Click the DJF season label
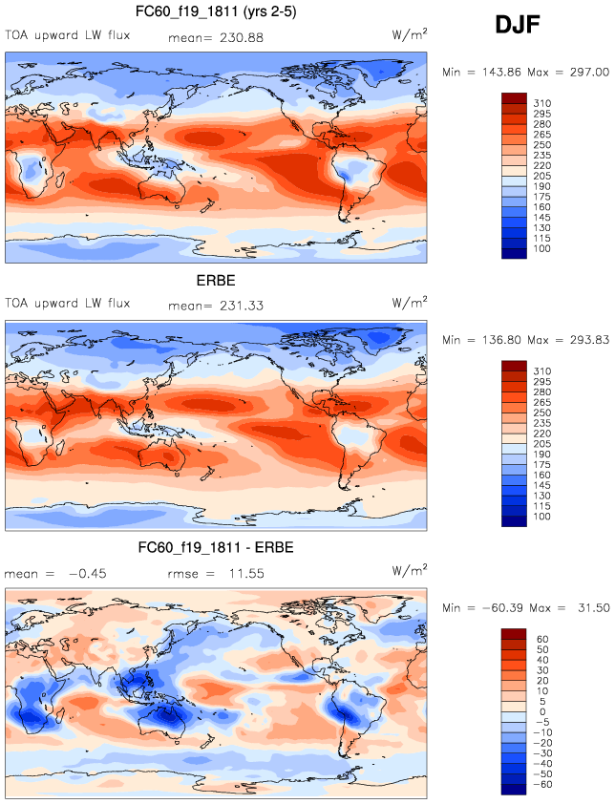click(x=519, y=26)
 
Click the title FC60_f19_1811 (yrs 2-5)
click(x=216, y=12)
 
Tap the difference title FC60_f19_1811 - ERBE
click(x=216, y=547)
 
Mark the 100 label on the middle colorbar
click(x=541, y=517)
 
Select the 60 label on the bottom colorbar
click(x=541, y=639)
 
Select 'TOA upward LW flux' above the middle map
click(x=67, y=305)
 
